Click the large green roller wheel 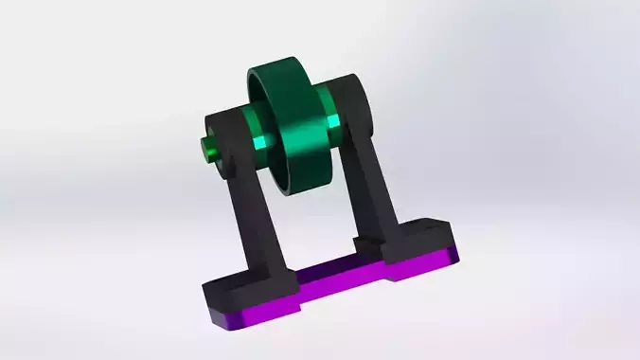pos(293,123)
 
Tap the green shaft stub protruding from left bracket pos(207,148)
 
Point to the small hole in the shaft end pos(204,149)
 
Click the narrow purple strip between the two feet pos(331,277)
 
